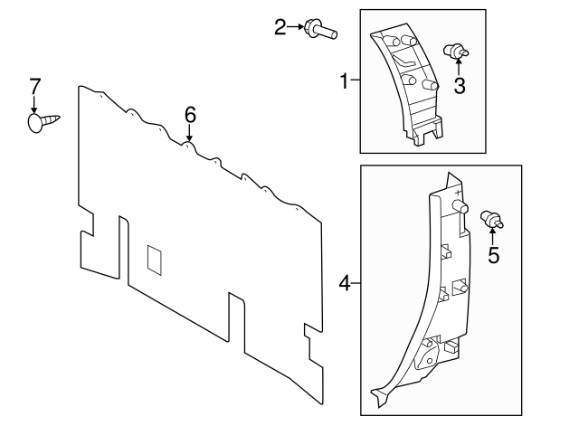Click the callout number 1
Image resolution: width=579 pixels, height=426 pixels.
click(x=344, y=82)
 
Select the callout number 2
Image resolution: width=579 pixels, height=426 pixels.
click(x=280, y=27)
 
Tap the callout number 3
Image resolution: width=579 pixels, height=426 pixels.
click(x=460, y=86)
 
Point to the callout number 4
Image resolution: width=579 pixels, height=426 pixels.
click(x=344, y=284)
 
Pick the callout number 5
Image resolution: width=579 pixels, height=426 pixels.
click(x=493, y=255)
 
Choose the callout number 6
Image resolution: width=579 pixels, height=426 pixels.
click(x=190, y=114)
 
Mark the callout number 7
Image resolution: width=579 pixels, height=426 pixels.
click(x=34, y=87)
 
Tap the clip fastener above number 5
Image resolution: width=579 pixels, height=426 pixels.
click(x=493, y=218)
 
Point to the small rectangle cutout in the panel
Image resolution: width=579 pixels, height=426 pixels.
click(x=154, y=259)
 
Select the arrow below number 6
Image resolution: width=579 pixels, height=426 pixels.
click(x=189, y=133)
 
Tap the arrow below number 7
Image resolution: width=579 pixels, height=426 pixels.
click(x=34, y=104)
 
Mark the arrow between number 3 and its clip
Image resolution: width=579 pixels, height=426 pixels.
click(x=458, y=69)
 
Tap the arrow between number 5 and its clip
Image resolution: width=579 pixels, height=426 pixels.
click(x=493, y=237)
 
